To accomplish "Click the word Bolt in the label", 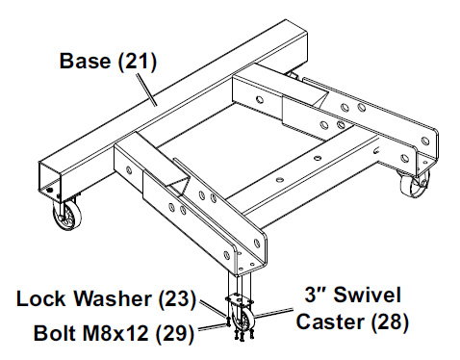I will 56,334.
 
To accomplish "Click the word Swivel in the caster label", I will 365,295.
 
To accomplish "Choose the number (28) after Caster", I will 388,321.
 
